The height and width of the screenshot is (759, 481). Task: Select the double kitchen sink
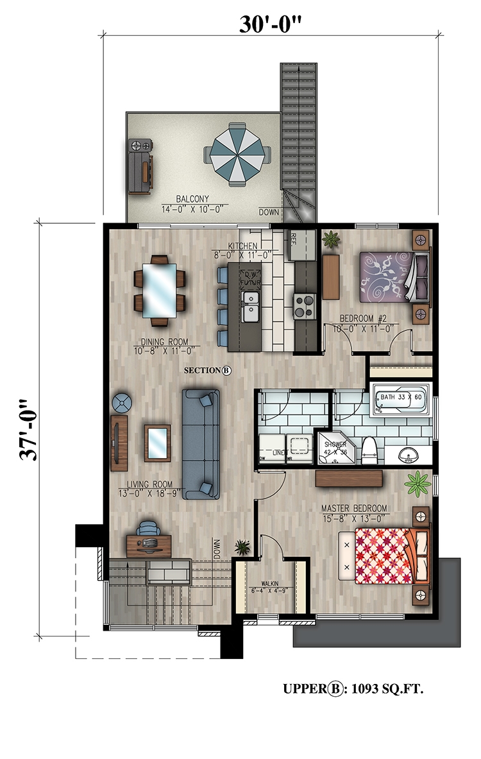click(x=249, y=305)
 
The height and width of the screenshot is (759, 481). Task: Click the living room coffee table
click(x=157, y=443)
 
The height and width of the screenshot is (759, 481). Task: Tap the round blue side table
click(x=121, y=404)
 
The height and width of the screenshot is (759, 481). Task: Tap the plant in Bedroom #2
click(x=331, y=240)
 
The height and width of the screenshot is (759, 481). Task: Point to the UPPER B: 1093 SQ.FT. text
click(x=353, y=689)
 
